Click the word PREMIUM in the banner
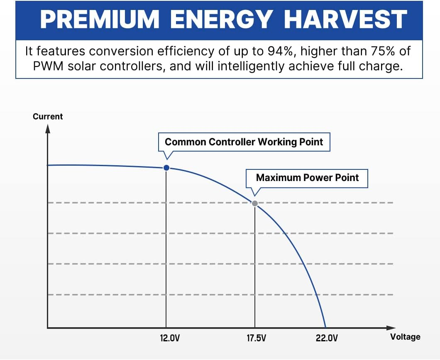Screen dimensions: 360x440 pos(99,19)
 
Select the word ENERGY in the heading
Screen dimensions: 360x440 pos(222,19)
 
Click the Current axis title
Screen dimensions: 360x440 pos(48,117)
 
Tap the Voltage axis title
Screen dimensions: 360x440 pos(405,337)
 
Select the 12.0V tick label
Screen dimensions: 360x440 pos(170,338)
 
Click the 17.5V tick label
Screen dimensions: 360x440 pos(256,338)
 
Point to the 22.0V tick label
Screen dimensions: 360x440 pos(327,338)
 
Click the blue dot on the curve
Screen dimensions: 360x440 pos(166,168)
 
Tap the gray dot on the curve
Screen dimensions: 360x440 pos(255,203)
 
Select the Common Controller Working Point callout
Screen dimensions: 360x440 pos(244,142)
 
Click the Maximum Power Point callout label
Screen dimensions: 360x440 pos(307,178)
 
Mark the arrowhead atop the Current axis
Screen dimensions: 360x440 pos(48,128)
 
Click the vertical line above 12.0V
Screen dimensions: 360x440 pos(166,249)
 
